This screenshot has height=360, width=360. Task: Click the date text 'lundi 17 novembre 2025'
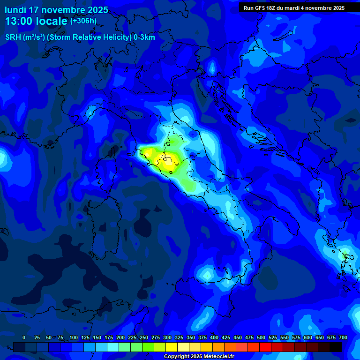coord(56,10)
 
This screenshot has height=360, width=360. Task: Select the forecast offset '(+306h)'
coord(83,21)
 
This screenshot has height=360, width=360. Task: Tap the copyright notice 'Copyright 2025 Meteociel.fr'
coord(199,357)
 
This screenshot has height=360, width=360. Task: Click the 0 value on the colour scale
coord(24,337)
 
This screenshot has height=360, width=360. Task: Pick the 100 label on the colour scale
coord(74,337)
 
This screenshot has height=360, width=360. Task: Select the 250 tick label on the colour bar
coord(144,337)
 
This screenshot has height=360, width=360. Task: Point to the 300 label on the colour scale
coord(167,337)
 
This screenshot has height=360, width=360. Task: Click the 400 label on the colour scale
coord(214,337)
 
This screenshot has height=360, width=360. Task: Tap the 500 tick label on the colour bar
coord(261,337)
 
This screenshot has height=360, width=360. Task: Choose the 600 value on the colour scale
coord(308,337)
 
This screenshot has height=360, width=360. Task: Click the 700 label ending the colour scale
coord(343,337)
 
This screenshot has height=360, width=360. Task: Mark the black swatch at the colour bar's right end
coord(336,347)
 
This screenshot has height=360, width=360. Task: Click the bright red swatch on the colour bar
coord(265,347)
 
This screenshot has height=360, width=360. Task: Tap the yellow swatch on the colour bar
coord(172,347)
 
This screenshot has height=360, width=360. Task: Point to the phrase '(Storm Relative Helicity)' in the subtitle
coord(89,37)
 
